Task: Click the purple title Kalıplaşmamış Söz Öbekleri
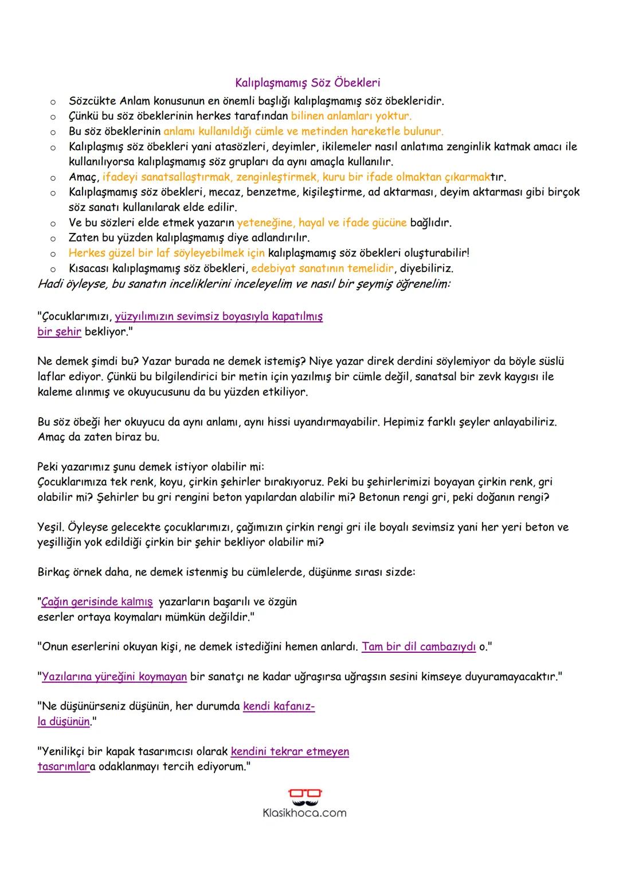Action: (308, 83)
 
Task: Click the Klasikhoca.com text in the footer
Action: (304, 813)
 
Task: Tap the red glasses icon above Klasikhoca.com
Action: (305, 795)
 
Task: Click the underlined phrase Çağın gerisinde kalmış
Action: (97, 602)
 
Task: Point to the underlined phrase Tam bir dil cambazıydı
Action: (419, 647)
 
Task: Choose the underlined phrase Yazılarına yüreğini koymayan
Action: (114, 676)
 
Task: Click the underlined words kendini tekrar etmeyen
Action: (289, 752)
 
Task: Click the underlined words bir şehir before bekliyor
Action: (59, 332)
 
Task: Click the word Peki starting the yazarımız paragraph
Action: (48, 466)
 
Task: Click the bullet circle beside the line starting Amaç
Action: (52, 178)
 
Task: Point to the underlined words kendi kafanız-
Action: (279, 706)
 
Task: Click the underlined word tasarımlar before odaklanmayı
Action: (62, 766)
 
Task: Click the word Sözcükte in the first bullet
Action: (92, 102)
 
